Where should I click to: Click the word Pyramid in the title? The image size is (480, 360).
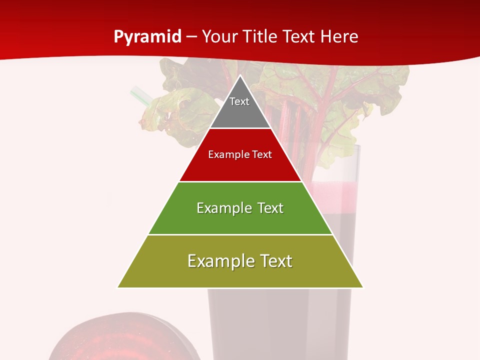tap(147, 37)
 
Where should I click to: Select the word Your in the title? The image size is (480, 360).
tap(219, 37)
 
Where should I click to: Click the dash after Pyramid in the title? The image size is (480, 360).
tap(191, 37)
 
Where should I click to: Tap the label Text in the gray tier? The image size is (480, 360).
tap(239, 101)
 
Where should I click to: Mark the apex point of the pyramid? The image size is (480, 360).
tap(240, 75)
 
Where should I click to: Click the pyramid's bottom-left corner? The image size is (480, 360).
tap(117, 287)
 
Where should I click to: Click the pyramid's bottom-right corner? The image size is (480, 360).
tap(363, 287)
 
